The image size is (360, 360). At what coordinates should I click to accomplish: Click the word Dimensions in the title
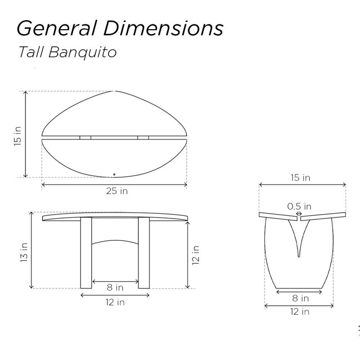click(x=163, y=28)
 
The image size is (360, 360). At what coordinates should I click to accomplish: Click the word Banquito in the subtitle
click(x=82, y=52)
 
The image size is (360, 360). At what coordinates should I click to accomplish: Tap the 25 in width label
click(x=117, y=191)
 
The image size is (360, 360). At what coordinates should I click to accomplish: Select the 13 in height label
click(x=24, y=252)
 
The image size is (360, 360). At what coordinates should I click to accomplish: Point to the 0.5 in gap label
click(x=299, y=207)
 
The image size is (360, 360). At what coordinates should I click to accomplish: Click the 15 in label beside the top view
click(x=18, y=136)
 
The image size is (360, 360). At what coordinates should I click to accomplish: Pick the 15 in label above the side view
click(x=300, y=177)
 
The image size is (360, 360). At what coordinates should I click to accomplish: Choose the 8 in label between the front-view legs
click(x=115, y=287)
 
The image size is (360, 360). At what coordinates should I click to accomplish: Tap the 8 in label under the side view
click(x=301, y=298)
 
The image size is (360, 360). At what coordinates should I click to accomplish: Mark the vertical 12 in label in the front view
click(x=196, y=255)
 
